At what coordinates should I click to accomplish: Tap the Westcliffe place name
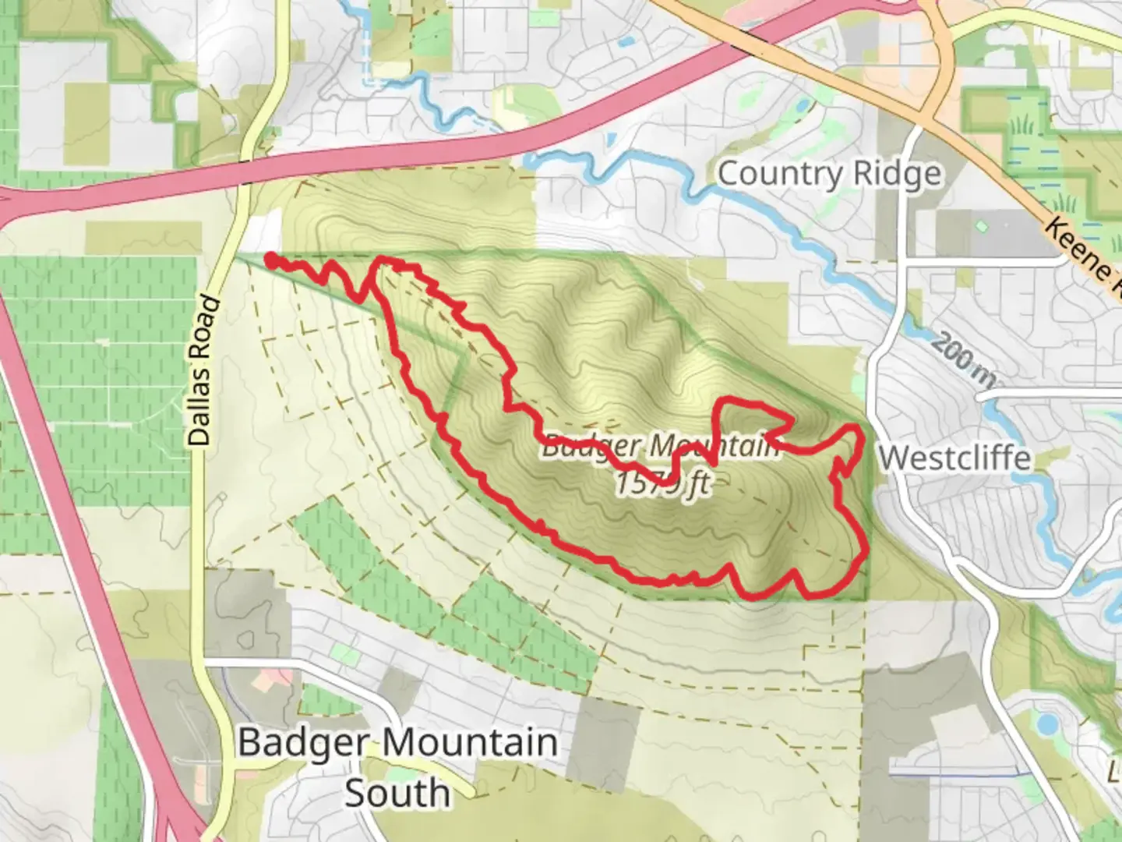[955, 458]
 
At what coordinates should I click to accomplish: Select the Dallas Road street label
[201, 370]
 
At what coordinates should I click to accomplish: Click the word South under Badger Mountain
[397, 794]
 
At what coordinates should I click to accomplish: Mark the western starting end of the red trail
[270, 259]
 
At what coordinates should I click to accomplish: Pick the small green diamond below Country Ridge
[981, 227]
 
